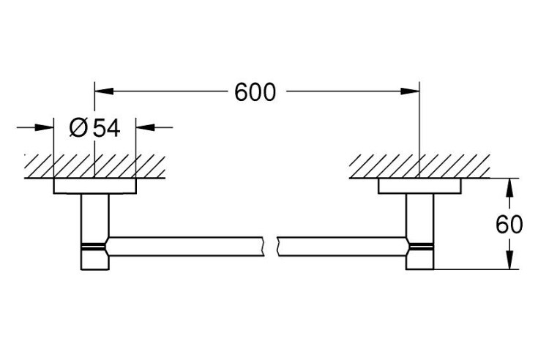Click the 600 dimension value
pyautogui.click(x=255, y=92)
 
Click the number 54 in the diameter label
pyautogui.click(x=107, y=128)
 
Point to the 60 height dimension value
pyautogui.click(x=509, y=225)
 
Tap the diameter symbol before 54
pyautogui.click(x=78, y=127)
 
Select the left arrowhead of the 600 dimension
pyautogui.click(x=104, y=91)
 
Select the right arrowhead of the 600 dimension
pyautogui.click(x=410, y=91)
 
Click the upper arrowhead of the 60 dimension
pyautogui.click(x=510, y=188)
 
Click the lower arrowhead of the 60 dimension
pyautogui.click(x=510, y=260)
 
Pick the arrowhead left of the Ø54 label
pyautogui.click(x=44, y=127)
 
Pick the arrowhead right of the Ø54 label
pyautogui.click(x=146, y=127)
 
